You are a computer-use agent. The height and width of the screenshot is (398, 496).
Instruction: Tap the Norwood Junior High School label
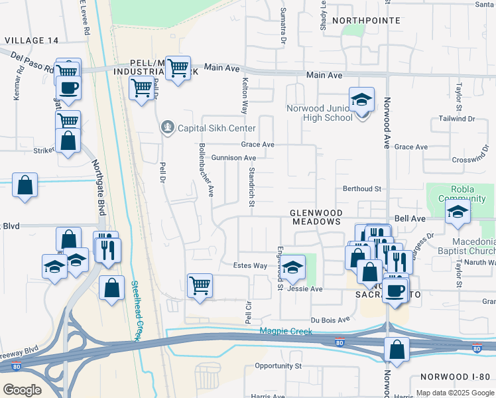point(319,113)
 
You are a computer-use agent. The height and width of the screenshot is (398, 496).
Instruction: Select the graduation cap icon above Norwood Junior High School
point(361,99)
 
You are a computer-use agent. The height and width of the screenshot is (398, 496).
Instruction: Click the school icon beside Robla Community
point(458,212)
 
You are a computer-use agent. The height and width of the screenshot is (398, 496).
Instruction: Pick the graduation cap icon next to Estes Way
point(292,267)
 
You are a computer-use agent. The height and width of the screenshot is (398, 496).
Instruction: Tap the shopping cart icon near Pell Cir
point(200,286)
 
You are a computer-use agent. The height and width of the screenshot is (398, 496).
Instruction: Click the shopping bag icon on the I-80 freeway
point(397,351)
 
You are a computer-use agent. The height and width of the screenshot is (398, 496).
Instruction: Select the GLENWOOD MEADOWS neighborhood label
point(316,216)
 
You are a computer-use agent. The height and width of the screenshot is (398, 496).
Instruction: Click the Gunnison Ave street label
point(233,158)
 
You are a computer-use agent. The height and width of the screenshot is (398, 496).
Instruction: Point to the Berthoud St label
point(361,188)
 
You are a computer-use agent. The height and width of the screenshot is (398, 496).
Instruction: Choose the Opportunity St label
point(278,365)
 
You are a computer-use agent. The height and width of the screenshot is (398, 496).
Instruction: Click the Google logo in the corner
point(22,389)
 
